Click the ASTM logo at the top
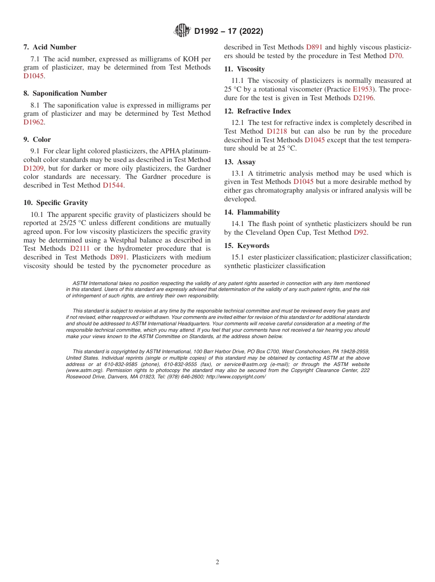tap(182, 31)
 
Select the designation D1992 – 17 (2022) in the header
tap(228, 32)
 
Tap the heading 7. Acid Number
tap(50, 47)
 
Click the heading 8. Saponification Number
tap(65, 93)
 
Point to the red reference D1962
tap(34, 122)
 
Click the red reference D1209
tap(33, 168)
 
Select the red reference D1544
tap(113, 185)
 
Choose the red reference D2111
tap(80, 248)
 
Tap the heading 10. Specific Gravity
tap(55, 203)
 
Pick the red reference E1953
tap(362, 89)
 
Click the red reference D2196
tap(364, 98)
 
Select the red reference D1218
tap(277, 131)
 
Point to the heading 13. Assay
tap(240, 162)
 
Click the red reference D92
tap(360, 232)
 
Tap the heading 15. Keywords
tap(247, 246)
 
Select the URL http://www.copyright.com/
tap(236, 377)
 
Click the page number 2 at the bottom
tap(217, 562)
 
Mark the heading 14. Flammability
tap(252, 212)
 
